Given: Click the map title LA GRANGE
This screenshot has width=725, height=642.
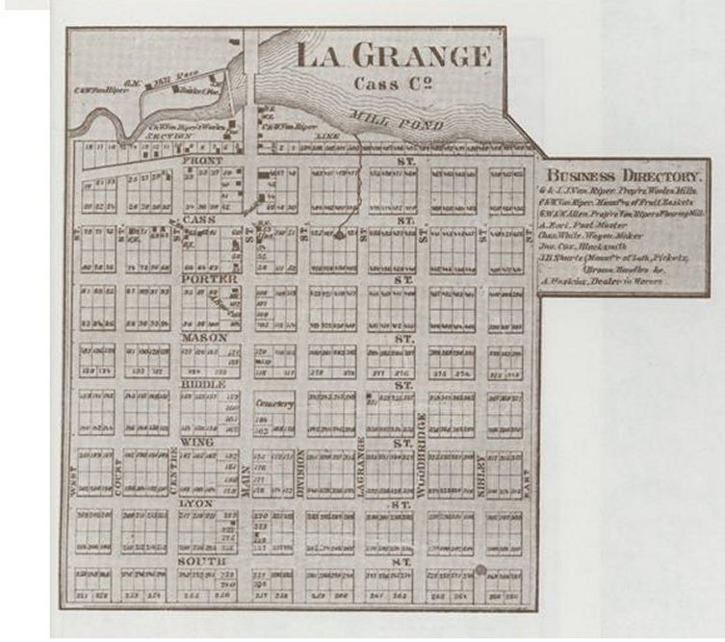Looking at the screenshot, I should click(393, 54).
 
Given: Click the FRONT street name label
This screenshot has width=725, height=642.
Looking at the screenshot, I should click(203, 161).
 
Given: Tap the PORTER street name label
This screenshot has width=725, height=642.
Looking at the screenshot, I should click(203, 279).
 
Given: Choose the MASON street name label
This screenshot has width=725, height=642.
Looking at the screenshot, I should click(203, 338).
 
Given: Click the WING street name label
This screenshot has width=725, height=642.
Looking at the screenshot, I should click(191, 442).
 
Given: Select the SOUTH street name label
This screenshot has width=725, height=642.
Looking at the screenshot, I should click(201, 559).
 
